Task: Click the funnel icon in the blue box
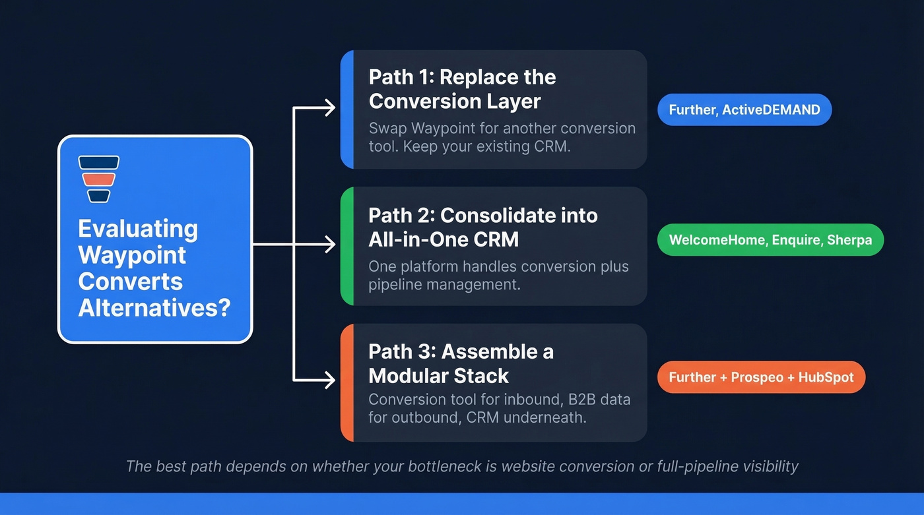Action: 98,179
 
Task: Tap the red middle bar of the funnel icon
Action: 98,179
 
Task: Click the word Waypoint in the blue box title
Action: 132,255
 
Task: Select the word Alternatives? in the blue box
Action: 154,307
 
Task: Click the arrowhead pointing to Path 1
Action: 329,108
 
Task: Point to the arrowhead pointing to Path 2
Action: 329,245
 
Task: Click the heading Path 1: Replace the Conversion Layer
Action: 462,89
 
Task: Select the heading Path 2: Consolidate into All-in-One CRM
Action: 482,227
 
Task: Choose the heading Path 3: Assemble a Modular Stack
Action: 461,363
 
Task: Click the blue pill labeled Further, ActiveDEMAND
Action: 744,109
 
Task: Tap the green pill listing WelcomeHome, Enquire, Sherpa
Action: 770,240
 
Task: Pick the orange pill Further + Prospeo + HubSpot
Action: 761,377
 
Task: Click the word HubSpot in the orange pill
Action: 826,377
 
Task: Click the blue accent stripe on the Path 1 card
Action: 347,109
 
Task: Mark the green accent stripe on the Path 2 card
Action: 347,246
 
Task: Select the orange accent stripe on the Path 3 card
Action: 347,382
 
